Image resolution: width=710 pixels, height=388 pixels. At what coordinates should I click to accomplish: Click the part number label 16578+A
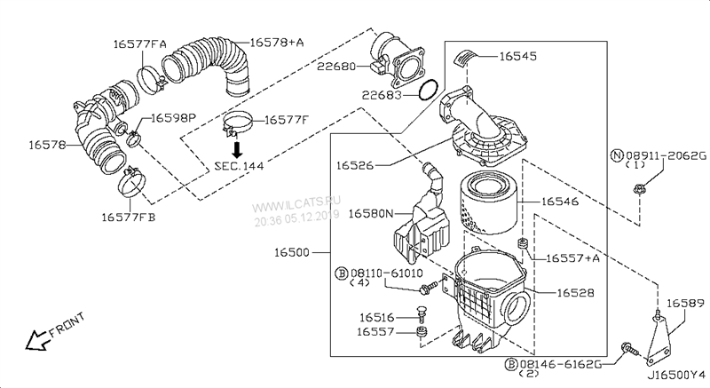[x=277, y=43]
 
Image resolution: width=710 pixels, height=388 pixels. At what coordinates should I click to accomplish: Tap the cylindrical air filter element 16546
[x=488, y=204]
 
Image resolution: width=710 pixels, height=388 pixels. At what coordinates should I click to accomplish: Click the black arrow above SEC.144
[x=237, y=150]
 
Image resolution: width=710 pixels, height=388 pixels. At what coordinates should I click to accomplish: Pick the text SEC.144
[x=239, y=166]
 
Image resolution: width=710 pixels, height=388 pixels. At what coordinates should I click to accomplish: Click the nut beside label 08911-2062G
[x=638, y=187]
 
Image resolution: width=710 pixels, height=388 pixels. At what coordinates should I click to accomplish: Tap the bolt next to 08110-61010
[x=430, y=287]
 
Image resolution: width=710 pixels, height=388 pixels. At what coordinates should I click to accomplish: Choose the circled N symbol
[x=617, y=155]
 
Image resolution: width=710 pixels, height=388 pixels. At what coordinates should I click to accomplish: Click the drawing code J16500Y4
[x=676, y=376]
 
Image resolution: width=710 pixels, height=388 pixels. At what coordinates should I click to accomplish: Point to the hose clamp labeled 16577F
[x=237, y=123]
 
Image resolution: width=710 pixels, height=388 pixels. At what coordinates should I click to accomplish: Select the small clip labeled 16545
[x=464, y=57]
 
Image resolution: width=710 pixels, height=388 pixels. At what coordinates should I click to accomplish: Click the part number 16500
[x=292, y=252]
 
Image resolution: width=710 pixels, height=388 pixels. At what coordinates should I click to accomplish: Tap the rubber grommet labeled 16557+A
[x=523, y=243]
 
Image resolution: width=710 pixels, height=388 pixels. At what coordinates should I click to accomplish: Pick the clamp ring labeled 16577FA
[x=149, y=79]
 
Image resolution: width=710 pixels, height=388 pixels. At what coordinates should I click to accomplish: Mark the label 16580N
[x=371, y=213]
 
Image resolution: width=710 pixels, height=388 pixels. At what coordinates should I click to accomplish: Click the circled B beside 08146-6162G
[x=511, y=364]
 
